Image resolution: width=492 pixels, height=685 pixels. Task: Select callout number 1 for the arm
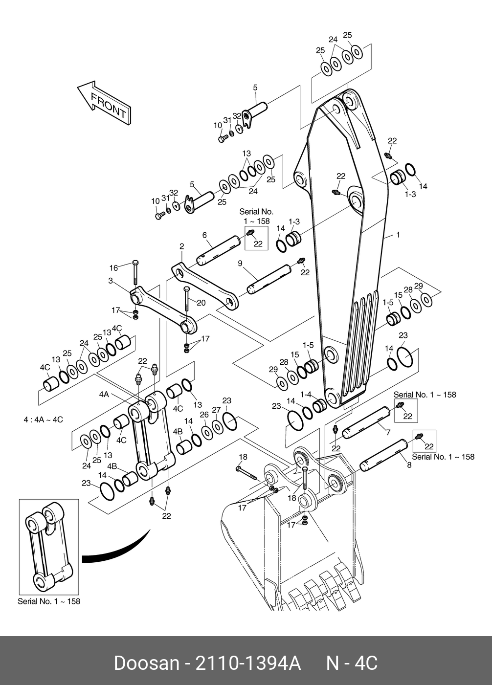pos(398,235)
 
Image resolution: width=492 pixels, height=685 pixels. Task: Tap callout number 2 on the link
pos(181,246)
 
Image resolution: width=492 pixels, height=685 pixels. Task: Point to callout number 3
pos(111,281)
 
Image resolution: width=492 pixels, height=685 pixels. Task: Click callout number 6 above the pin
pos(204,235)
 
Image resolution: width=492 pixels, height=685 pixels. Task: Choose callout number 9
pos(240,264)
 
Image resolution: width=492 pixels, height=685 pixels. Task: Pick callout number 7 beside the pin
pos(387,433)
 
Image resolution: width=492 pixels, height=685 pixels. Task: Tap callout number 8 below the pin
pos(409,465)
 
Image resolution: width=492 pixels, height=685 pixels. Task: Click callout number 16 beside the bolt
pos(113,267)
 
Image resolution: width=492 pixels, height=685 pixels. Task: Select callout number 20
pos(201,303)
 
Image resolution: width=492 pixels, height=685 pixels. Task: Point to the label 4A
pos(104,394)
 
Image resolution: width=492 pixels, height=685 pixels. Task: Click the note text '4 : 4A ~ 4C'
pos(44,420)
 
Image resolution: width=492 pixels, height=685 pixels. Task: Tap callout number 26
pos(204,415)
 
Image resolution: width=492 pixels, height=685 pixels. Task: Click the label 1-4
pos(306,394)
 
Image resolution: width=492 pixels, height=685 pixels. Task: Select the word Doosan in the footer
pos(146,663)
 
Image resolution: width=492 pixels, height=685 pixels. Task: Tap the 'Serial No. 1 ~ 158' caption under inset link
pos(49,601)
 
